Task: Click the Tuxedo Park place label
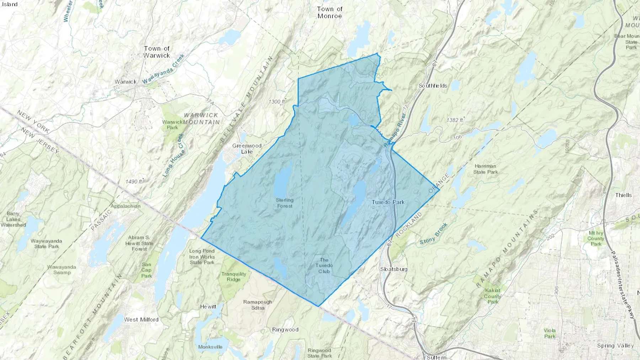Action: [388, 202]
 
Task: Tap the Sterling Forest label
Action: [284, 203]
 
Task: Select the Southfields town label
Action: [433, 86]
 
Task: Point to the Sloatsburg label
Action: [394, 269]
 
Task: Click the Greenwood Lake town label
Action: [247, 149]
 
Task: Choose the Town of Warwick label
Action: [157, 52]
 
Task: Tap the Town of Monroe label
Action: [330, 12]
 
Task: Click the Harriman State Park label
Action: [485, 169]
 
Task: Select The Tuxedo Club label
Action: [324, 265]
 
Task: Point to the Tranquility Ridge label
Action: [234, 276]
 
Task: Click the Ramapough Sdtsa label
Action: [258, 305]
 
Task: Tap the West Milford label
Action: [141, 319]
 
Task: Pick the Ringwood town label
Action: [285, 330]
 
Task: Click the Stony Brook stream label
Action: [433, 234]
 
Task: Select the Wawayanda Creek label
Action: [164, 69]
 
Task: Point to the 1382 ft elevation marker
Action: [455, 120]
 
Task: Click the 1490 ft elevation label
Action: [134, 182]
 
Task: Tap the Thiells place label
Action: [624, 195]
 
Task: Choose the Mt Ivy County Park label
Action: [596, 238]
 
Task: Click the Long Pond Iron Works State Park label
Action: [202, 257]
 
